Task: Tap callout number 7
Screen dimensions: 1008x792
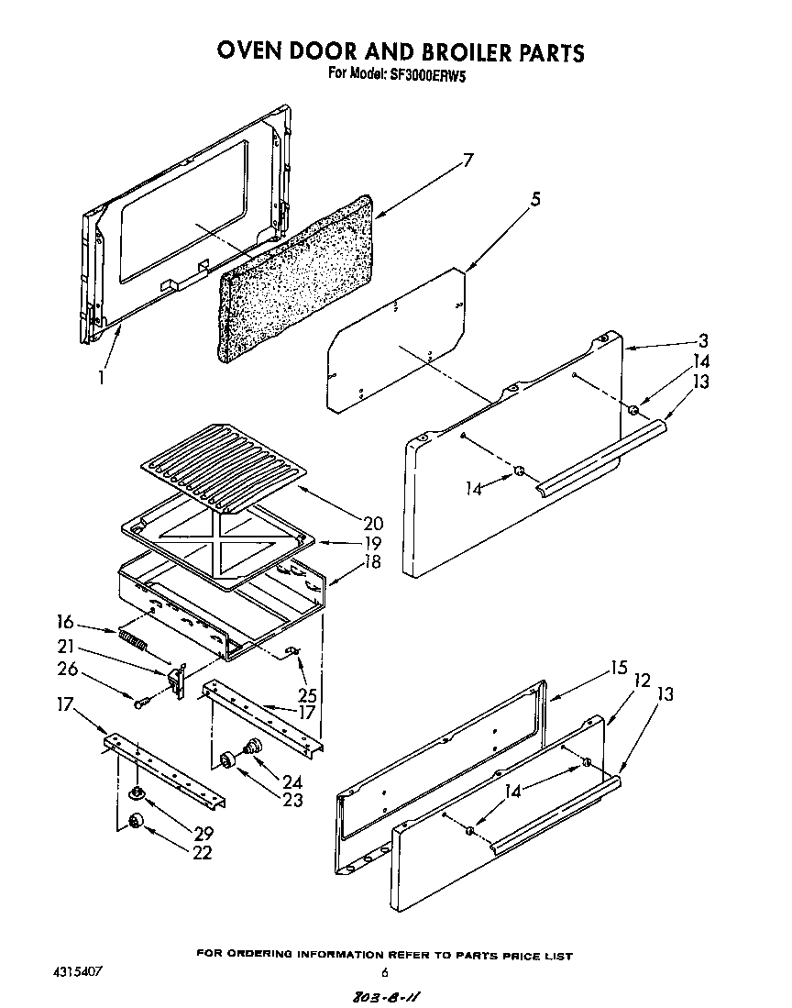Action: pyautogui.click(x=468, y=161)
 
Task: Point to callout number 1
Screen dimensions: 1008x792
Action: pyautogui.click(x=103, y=376)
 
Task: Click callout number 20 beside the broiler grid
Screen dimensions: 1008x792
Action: pyautogui.click(x=372, y=524)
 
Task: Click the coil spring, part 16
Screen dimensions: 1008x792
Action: pyautogui.click(x=132, y=639)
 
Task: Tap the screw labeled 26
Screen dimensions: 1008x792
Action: pyautogui.click(x=141, y=703)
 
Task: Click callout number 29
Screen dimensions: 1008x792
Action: pyautogui.click(x=203, y=834)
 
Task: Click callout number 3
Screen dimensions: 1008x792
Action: pyautogui.click(x=701, y=340)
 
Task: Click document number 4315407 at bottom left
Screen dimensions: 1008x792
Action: pyautogui.click(x=78, y=969)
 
